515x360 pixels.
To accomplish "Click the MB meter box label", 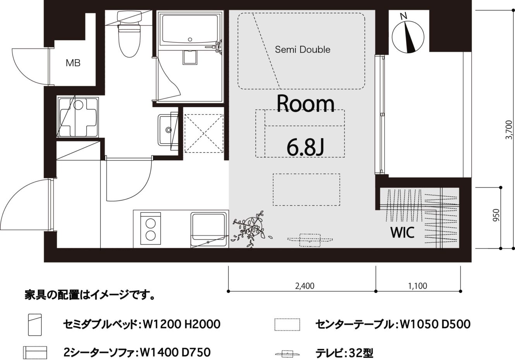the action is [x=73, y=63].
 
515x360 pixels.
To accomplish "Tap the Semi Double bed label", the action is [x=302, y=50].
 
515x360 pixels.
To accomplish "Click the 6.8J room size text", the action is [x=306, y=147].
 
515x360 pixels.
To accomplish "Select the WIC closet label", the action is [x=402, y=232].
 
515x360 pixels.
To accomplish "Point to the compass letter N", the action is [x=403, y=16].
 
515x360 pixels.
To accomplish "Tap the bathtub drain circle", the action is [x=190, y=39].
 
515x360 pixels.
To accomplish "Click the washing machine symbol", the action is [x=78, y=117].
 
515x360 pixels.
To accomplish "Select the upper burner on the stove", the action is [x=151, y=223].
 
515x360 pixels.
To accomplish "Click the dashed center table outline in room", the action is [x=306, y=189].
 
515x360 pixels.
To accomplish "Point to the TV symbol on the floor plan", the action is [x=310, y=240].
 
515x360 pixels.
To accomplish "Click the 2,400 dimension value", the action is [x=305, y=286].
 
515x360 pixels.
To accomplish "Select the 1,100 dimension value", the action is [x=417, y=286].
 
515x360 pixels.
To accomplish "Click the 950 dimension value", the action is [x=496, y=215].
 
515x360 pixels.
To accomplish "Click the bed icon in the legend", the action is [x=35, y=325].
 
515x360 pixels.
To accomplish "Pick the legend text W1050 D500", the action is [x=435, y=324].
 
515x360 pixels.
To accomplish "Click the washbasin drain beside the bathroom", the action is [x=169, y=130].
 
